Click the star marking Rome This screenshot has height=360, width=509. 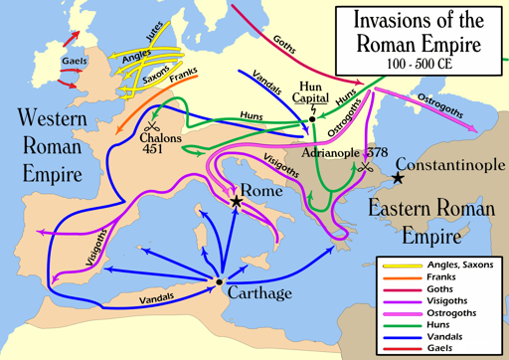[x=237, y=202]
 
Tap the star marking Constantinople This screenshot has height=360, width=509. [x=398, y=178]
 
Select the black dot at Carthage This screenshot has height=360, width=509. [x=219, y=282]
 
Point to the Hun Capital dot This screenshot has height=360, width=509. [x=312, y=118]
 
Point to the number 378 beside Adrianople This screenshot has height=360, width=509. [x=377, y=153]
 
